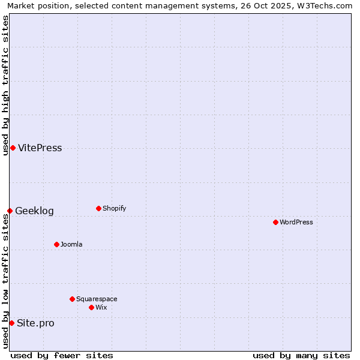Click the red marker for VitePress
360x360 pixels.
[x=13, y=148]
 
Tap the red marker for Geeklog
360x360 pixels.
[x=10, y=211]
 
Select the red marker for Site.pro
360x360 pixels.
[x=11, y=323]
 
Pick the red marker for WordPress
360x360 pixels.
[x=275, y=222]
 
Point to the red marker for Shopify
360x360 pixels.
[x=98, y=208]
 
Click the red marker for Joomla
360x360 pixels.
[x=56, y=244]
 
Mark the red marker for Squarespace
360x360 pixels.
[x=72, y=299]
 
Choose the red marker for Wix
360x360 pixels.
[x=91, y=307]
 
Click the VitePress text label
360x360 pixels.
[x=40, y=148]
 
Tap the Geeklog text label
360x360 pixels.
[x=34, y=211]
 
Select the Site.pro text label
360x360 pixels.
[x=35, y=323]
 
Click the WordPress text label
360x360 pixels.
[x=296, y=222]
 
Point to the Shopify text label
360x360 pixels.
[x=114, y=208]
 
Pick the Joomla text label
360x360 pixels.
[x=71, y=244]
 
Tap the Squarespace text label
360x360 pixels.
[x=97, y=299]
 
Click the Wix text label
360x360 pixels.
[x=101, y=307]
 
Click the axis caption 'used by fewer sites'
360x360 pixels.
[x=62, y=355]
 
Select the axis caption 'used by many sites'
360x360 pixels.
[x=301, y=355]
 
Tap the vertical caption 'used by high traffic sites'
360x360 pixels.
[x=5, y=85]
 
